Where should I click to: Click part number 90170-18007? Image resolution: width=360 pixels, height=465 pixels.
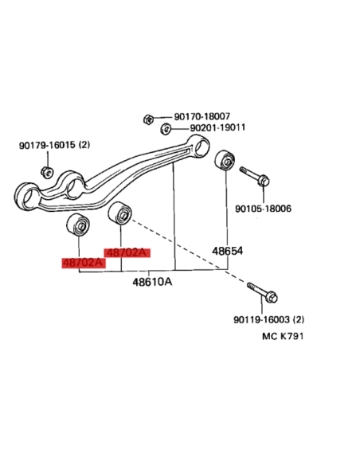[x=202, y=116]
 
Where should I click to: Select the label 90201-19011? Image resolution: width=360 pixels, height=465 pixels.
[x=217, y=127]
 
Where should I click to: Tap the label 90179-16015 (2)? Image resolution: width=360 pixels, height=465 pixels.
[x=55, y=145]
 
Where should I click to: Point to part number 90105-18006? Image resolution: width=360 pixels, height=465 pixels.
[x=263, y=209]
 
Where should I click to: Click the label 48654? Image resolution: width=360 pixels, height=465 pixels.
[x=227, y=251]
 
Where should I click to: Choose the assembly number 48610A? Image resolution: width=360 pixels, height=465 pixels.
[x=152, y=281]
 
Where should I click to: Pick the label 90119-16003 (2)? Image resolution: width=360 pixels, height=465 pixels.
[x=268, y=319]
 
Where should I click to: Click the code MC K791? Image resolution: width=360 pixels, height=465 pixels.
[x=283, y=336]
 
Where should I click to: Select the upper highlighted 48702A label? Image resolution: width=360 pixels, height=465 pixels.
[x=127, y=253]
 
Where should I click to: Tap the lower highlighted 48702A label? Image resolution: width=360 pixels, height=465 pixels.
[x=84, y=263]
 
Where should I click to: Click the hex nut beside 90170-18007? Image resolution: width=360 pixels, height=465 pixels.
[x=148, y=119]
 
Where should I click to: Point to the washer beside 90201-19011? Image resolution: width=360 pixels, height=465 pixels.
[x=166, y=129]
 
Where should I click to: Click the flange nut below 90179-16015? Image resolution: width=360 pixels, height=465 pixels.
[x=47, y=172]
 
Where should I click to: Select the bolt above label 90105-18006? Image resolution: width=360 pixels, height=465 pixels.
[x=254, y=175]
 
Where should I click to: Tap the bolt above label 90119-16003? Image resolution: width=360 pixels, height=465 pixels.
[x=262, y=292]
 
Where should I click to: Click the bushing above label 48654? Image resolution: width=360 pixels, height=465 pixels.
[x=225, y=160]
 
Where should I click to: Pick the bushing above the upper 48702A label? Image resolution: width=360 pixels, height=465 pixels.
[x=119, y=213]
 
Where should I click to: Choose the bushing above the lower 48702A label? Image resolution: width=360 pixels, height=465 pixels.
[x=78, y=225]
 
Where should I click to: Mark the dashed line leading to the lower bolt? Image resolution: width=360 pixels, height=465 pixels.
[x=188, y=251]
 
